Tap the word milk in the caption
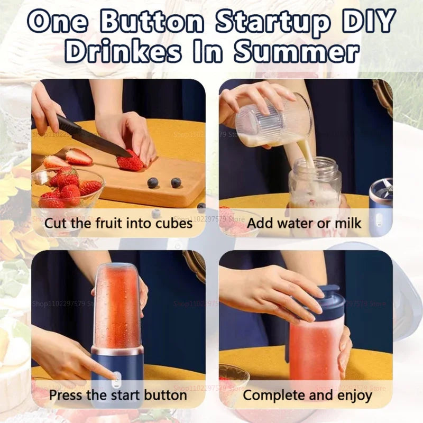click(345, 223)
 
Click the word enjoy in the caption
click(352, 395)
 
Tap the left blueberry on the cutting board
click(153, 182)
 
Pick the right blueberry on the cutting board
click(176, 182)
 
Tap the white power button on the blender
click(115, 377)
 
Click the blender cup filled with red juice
click(117, 307)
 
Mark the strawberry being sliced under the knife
click(130, 161)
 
